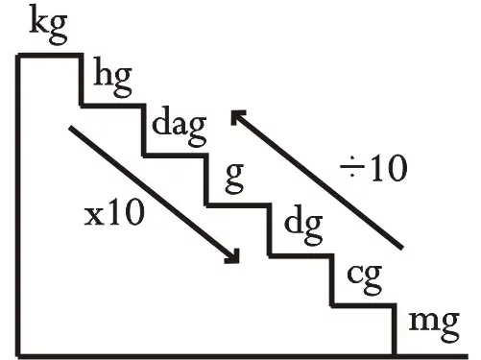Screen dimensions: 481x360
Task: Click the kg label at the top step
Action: (48, 28)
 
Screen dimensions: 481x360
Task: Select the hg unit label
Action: (112, 82)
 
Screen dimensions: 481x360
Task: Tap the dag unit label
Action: (179, 130)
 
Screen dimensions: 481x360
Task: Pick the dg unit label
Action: (303, 228)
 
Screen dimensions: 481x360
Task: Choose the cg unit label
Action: (365, 279)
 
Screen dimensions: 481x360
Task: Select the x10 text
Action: (114, 214)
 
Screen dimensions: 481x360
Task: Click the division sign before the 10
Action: (352, 167)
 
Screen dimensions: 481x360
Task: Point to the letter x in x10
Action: (92, 217)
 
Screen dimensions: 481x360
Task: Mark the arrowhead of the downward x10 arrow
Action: (233, 256)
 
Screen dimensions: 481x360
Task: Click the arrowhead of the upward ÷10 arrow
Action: (237, 117)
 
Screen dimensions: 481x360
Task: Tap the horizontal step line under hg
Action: (112, 106)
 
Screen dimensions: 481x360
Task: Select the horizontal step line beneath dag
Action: (176, 156)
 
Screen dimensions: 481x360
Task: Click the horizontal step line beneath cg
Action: (364, 305)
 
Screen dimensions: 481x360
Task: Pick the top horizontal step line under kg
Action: (50, 56)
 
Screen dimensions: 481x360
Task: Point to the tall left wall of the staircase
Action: (18, 205)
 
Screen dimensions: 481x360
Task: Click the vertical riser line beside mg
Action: (395, 330)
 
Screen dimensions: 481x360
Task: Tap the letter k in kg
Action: (39, 23)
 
